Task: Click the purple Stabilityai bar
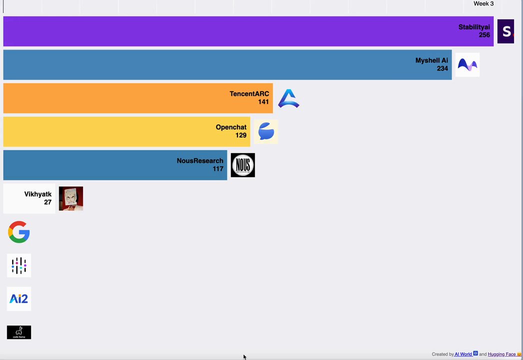[248, 31]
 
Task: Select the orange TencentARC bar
[138, 98]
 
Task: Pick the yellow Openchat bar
[126, 131]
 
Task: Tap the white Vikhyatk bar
[29, 198]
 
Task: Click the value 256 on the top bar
[484, 35]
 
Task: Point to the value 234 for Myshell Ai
[442, 68]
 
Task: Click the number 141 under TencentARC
[263, 102]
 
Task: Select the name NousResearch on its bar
[200, 160]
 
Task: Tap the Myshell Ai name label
[431, 60]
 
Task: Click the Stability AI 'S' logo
[505, 31]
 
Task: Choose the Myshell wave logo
[467, 64]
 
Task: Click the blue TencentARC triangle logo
[288, 98]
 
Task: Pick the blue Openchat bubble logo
[266, 131]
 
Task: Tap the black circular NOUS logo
[243, 165]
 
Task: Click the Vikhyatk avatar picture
[71, 198]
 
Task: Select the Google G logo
[19, 232]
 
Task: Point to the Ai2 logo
[19, 298]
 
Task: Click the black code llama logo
[19, 332]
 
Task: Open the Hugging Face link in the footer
[501, 354]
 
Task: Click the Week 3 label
[483, 3]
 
